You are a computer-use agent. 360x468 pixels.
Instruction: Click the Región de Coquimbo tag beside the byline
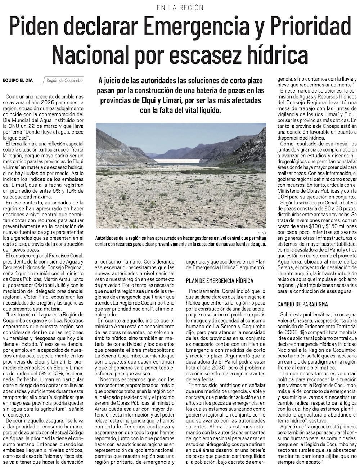pos(64,80)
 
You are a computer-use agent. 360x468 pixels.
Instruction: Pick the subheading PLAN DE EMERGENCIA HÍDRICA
pos(220,280)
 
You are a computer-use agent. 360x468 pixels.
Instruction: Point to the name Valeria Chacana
pos(294,320)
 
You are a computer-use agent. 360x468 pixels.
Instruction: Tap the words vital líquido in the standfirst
pos(200,110)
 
